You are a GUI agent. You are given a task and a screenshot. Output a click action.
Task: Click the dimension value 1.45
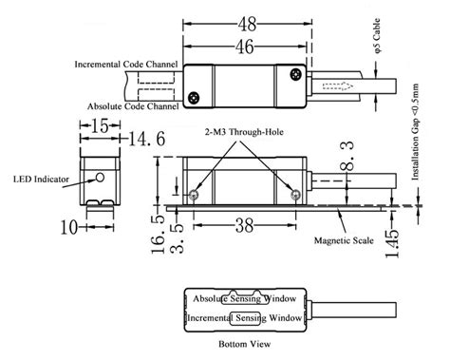pyautogui.click(x=391, y=237)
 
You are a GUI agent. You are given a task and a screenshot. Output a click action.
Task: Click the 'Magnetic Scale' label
pyautogui.click(x=343, y=240)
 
